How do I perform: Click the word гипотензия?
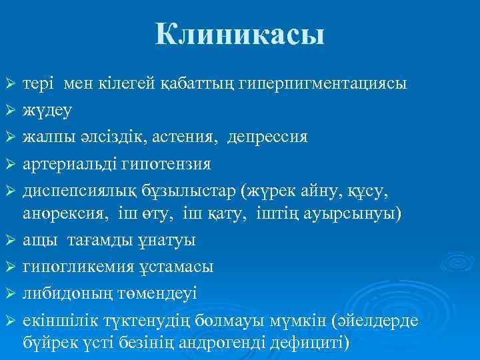point(171,163)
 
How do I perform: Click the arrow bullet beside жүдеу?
point(9,111)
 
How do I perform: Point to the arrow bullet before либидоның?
point(9,293)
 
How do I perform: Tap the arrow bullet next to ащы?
point(9,241)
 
